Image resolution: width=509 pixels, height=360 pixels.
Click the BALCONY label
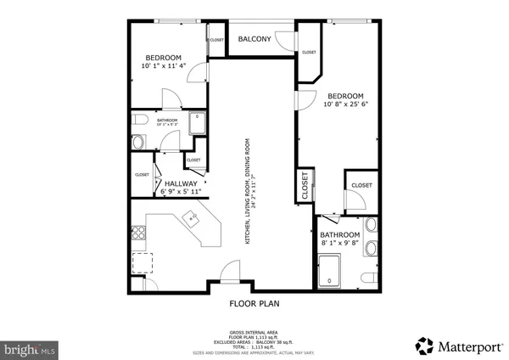[x=255, y=39]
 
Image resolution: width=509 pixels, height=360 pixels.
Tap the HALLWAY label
[x=181, y=183]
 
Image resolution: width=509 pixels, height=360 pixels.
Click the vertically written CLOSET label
[x=305, y=185]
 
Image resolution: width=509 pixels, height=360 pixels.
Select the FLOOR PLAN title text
[x=255, y=303]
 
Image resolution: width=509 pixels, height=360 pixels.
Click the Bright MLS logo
[x=30, y=348]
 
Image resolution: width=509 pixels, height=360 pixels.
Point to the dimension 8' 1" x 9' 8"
[x=340, y=243]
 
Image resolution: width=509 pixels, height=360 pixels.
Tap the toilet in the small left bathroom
[x=138, y=141]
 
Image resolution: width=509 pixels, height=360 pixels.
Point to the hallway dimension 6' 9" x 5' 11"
[x=181, y=192]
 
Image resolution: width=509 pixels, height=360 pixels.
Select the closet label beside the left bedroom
[x=216, y=39]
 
